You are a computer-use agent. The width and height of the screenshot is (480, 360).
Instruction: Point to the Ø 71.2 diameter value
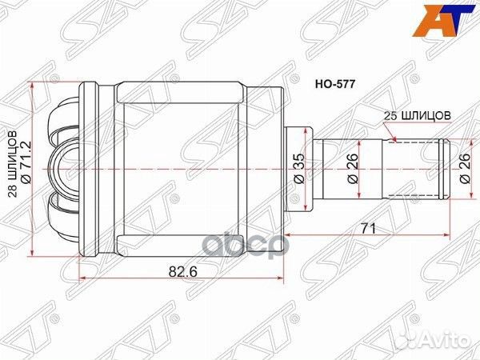pos(26,164)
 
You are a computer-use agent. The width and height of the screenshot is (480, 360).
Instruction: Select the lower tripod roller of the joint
pos(63,210)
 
